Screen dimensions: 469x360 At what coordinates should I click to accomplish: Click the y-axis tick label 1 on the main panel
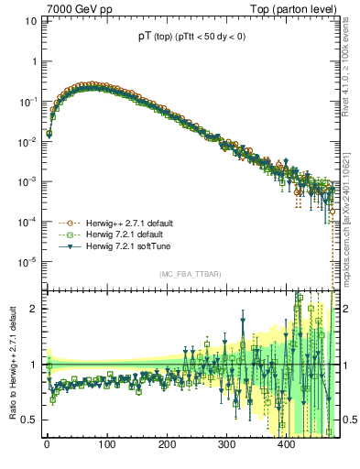point(32,60)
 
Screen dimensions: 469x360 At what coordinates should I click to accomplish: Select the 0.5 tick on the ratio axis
point(27,420)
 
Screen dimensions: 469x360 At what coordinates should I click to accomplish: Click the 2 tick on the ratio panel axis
point(32,309)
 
